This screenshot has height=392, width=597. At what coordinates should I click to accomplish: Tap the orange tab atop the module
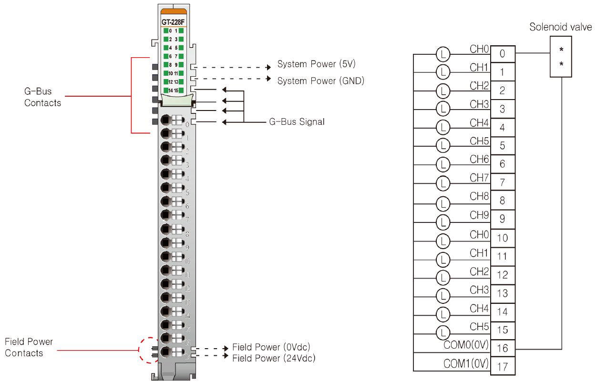173,10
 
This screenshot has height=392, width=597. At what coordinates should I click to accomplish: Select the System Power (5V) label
317,64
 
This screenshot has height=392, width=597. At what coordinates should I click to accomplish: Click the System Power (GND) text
321,80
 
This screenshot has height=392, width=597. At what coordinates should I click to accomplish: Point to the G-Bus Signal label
297,122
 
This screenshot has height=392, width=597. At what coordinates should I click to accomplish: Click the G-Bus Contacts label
43,97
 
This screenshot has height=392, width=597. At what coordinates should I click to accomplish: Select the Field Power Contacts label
29,347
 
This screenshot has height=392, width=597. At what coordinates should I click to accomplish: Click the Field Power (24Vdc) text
274,357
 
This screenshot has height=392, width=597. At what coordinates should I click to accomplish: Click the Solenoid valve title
560,27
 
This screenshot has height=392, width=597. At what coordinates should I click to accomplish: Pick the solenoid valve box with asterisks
561,56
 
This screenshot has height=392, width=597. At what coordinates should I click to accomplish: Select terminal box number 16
502,348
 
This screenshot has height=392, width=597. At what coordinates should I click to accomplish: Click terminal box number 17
502,367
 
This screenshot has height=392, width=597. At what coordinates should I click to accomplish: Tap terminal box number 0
502,54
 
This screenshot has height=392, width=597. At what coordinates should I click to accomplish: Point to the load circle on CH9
443,221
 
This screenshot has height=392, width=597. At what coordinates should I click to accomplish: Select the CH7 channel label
479,178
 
